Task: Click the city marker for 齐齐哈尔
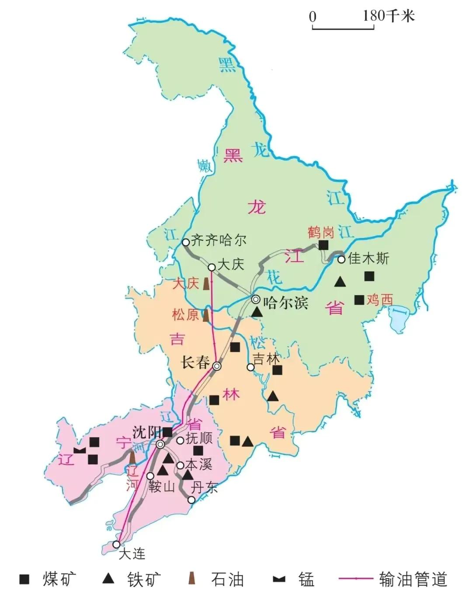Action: (186, 242)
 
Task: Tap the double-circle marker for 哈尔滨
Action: (256, 300)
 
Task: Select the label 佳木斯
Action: (368, 258)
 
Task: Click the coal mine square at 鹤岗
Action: (323, 245)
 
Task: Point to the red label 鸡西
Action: (379, 300)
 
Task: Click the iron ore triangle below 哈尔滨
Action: (257, 312)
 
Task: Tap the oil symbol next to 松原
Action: (205, 315)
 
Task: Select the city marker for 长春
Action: (217, 366)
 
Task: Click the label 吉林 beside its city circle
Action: (266, 359)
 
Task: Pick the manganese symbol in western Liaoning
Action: (80, 450)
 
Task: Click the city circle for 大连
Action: (116, 544)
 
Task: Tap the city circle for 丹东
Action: (191, 500)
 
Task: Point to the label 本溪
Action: (199, 464)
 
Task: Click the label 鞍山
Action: (162, 485)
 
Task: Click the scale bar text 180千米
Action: (388, 16)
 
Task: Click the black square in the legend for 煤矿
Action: (24, 579)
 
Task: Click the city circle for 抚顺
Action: (180, 440)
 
